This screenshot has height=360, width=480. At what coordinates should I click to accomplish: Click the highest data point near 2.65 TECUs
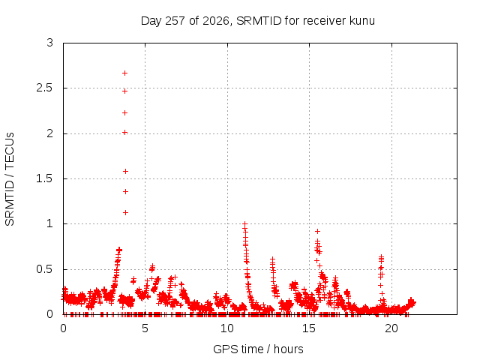tap(125, 73)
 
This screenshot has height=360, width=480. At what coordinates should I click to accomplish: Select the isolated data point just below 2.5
tap(125, 91)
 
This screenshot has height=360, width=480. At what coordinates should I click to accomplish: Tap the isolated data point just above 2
tap(125, 133)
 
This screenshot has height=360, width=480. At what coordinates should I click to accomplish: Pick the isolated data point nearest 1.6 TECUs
tap(125, 172)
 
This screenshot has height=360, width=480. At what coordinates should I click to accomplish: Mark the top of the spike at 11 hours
tap(244, 224)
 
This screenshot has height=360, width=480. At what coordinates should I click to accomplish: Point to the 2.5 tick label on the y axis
tap(45, 88)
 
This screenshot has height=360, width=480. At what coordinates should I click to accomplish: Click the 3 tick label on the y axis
tap(50, 43)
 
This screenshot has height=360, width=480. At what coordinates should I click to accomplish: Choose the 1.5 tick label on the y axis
tap(45, 178)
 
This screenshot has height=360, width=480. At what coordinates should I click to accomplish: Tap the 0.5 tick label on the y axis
tap(45, 270)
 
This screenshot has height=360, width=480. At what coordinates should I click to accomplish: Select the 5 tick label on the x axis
tap(145, 328)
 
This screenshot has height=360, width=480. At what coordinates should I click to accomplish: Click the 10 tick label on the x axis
tap(227, 328)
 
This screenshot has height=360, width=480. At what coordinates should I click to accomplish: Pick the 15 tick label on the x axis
tap(309, 328)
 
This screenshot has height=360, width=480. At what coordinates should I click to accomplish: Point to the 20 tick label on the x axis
tap(391, 328)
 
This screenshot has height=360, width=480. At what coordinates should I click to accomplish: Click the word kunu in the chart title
tap(362, 21)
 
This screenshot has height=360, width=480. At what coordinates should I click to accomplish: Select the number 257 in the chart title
tap(175, 21)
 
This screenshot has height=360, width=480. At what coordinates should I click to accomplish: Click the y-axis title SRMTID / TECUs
tap(10, 179)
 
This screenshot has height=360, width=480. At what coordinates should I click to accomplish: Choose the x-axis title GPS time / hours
tap(258, 349)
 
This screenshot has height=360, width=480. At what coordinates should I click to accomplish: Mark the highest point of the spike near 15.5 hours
tap(318, 232)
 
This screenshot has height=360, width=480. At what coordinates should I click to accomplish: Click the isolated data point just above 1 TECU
tap(125, 213)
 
